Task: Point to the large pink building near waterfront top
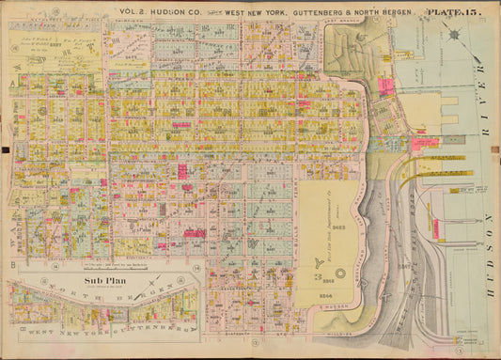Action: point(385,86)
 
